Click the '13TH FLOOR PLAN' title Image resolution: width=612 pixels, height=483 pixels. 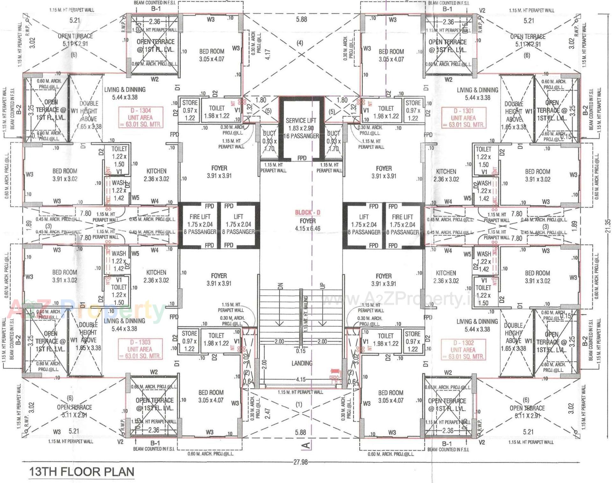point(82,472)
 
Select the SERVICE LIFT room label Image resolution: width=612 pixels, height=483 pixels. point(301,121)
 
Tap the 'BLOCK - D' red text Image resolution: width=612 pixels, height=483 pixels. point(308,212)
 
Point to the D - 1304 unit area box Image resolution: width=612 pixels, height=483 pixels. point(141,117)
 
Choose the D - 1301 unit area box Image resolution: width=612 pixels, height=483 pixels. point(463,118)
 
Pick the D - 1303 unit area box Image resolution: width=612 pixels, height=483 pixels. point(140,349)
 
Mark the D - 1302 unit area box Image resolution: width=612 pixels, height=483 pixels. point(463,350)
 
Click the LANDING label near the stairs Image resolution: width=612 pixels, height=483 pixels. point(302,363)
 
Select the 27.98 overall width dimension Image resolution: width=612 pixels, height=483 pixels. point(300,462)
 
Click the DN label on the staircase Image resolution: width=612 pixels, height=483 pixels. point(280,286)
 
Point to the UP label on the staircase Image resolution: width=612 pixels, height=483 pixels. point(322,286)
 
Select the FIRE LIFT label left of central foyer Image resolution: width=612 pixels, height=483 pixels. point(200,217)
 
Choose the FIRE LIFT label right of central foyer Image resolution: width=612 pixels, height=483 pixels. point(402,217)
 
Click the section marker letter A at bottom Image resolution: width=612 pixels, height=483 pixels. point(306,445)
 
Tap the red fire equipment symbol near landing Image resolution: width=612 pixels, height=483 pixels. point(335,375)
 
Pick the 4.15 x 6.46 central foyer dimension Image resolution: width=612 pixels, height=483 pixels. point(308,229)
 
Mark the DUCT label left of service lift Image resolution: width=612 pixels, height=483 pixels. point(269,134)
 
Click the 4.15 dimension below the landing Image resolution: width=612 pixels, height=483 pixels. point(301,379)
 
